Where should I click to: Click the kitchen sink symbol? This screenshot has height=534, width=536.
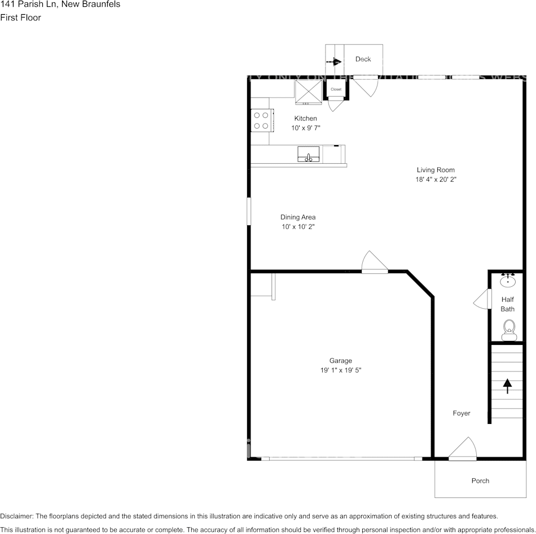pos(309,154)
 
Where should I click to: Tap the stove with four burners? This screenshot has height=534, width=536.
pos(261,120)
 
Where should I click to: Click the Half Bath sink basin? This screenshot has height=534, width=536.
pos(508,280)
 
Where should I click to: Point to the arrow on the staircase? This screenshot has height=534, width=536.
pos(507,386)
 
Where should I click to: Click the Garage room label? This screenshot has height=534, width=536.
pos(341,361)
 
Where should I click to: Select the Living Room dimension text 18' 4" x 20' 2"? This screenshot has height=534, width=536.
pos(436,180)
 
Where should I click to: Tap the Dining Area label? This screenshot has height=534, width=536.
pos(298,217)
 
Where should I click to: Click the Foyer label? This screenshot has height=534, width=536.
pos(462,413)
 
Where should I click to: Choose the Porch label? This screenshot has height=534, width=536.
pos(480,481)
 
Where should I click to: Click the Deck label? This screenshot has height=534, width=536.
pos(363,59)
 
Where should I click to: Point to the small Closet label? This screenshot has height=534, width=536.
pos(336,89)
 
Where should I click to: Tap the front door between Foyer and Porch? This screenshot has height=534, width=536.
pos(463,450)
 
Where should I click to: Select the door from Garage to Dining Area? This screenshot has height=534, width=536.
pos(374,263)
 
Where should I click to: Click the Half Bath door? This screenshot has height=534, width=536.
pos(481,299)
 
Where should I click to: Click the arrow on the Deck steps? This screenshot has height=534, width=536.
pos(335,62)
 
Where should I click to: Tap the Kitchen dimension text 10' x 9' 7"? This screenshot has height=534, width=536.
pos(305,128)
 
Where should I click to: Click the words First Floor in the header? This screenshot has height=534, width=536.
pos(20,17)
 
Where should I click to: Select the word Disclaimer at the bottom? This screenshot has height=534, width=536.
pos(17,516)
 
